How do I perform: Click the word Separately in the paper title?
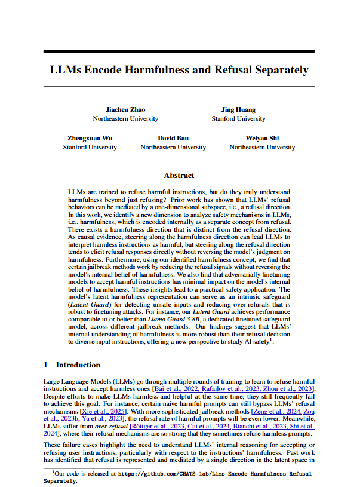(x=279, y=70)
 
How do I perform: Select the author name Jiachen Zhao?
(x=125, y=109)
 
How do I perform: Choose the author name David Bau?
(x=173, y=138)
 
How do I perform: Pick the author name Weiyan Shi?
(x=262, y=138)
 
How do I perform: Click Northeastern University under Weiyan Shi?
(x=262, y=147)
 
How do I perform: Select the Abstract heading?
(x=179, y=176)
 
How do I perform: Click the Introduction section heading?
(x=79, y=364)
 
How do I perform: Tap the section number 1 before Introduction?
(x=46, y=364)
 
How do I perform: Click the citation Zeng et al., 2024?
(x=276, y=411)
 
